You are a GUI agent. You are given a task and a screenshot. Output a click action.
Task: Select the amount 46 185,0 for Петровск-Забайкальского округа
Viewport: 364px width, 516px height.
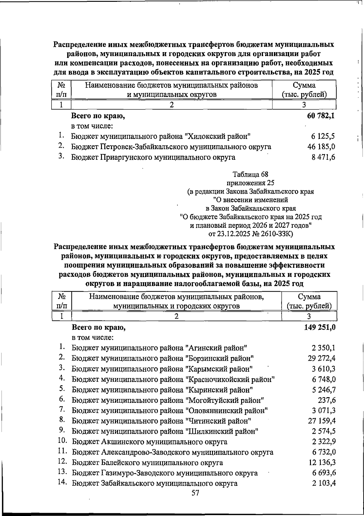coord(321,147)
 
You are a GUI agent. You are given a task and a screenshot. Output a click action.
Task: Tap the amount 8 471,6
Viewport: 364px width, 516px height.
coord(323,157)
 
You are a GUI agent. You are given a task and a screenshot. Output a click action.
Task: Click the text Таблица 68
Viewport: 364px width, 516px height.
coord(250,174)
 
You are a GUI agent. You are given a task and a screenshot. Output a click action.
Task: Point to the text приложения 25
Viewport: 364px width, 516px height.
coord(250,183)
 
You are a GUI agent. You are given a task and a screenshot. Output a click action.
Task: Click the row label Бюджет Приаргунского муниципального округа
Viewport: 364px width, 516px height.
coord(153,157)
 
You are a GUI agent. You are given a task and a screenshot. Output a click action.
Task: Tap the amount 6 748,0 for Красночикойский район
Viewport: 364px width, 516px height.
coord(323,379)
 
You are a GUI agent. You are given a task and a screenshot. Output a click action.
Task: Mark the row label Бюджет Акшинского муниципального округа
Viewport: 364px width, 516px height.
coord(150,442)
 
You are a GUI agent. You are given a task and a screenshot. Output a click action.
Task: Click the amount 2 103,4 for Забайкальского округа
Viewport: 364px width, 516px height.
coord(323,483)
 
